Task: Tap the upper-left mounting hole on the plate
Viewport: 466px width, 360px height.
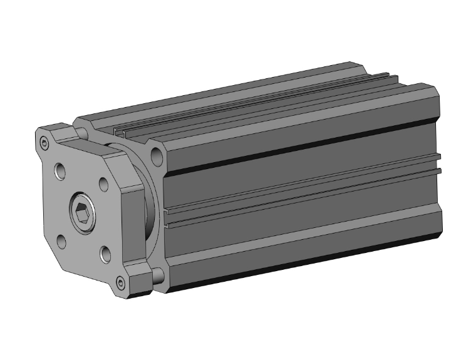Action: [x=60, y=171]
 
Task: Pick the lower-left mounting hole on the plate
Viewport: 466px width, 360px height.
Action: [x=61, y=240]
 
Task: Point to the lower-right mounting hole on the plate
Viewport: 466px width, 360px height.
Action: [x=105, y=254]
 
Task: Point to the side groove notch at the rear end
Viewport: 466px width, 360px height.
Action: [x=438, y=162]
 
